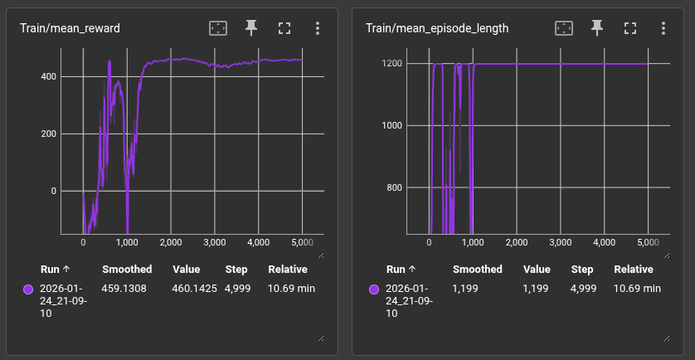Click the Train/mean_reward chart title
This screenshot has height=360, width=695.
pos(70,28)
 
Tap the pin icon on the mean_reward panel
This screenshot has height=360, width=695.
pos(251,28)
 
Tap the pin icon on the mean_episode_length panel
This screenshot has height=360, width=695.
pos(597,28)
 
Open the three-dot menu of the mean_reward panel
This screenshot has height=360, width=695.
pos(318,28)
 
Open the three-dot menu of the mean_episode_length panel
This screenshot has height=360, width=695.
pos(663,28)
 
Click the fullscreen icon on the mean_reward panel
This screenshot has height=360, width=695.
pos(284,28)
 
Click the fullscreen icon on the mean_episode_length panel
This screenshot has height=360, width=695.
pos(630,28)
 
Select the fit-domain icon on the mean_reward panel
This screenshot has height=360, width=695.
pos(218,28)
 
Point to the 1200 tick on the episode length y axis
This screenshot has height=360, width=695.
pos(391,64)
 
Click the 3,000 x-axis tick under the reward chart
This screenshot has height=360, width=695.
pos(214,242)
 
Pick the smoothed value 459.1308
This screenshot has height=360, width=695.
pos(127,289)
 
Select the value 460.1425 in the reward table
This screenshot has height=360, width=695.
pos(193,289)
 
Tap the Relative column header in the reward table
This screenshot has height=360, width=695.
pos(288,270)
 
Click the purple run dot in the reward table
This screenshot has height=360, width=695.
pos(28,289)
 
